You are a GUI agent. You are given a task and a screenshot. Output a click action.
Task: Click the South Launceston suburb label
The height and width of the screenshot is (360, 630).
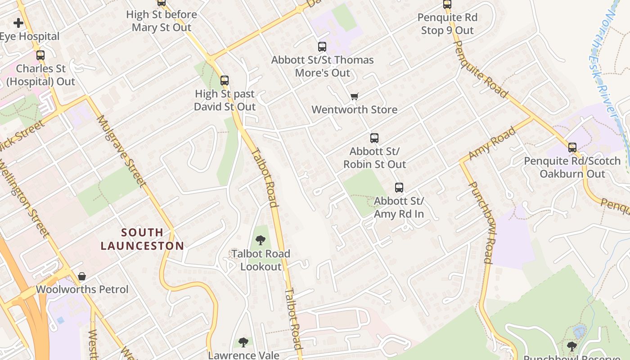point(142,239)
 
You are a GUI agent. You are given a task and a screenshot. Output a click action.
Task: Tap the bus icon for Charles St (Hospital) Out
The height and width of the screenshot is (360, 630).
point(40,55)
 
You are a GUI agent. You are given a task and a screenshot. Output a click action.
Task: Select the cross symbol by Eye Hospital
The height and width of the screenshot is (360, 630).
point(18,22)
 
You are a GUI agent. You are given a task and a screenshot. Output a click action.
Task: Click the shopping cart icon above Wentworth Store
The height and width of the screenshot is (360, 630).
point(355,96)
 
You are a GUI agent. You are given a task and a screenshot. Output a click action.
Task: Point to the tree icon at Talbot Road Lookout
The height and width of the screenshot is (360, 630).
point(260,240)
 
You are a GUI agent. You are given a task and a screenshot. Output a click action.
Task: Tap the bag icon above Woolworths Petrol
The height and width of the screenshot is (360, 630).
point(82,276)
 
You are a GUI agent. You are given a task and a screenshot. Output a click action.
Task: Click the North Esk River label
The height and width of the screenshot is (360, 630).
point(605,58)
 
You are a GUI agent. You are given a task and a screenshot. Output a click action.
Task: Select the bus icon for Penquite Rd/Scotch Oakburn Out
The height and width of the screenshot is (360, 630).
point(572,147)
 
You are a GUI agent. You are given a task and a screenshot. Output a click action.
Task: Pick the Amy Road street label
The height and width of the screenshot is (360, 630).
point(492,144)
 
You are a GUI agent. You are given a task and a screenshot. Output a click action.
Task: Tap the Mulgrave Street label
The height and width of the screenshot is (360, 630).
point(121,151)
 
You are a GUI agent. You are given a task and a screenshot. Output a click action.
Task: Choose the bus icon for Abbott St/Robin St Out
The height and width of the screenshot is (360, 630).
point(374,138)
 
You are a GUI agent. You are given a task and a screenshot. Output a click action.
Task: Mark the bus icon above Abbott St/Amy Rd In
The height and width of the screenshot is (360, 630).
point(399,188)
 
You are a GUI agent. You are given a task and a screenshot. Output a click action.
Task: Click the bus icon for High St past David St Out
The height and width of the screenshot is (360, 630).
point(225,81)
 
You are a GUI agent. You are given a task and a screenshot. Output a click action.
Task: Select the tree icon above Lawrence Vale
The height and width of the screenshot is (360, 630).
point(243,342)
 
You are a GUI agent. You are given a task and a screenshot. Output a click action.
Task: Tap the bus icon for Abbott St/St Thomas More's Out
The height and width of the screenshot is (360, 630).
point(322,46)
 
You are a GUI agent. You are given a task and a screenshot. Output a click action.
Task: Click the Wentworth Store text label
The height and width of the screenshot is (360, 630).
point(354,109)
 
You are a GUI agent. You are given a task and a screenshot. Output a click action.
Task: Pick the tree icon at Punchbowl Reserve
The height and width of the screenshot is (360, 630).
point(571,346)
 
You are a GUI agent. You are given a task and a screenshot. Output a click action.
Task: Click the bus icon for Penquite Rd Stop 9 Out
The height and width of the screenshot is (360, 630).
point(447,4)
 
